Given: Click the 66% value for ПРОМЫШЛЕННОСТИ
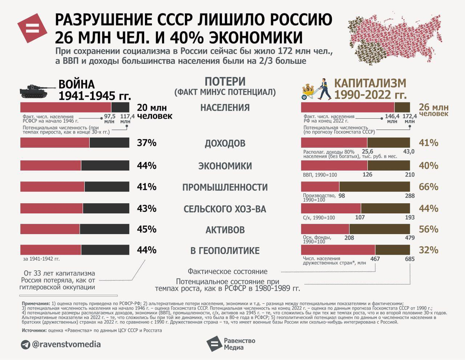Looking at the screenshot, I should tap(428, 187).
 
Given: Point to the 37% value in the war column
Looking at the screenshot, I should tap(146, 143).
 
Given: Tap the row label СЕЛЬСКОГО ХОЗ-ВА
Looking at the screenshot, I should tap(225, 209).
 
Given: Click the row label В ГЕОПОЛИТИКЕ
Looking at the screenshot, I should tap(225, 250).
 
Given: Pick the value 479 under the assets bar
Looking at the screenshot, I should tap(410, 238).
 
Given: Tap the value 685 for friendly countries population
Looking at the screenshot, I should tap(410, 259).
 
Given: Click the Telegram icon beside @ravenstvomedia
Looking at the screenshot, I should tap(26, 344).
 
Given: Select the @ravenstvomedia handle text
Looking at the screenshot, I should tap(66, 344).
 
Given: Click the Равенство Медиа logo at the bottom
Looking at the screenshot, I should tap(231, 344).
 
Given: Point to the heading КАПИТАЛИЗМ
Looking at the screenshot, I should tap(370, 83).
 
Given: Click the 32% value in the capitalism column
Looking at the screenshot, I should tap(428, 250).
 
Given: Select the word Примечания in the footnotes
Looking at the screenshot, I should tap(35, 303).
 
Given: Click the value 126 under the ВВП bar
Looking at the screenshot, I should tap(367, 175).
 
